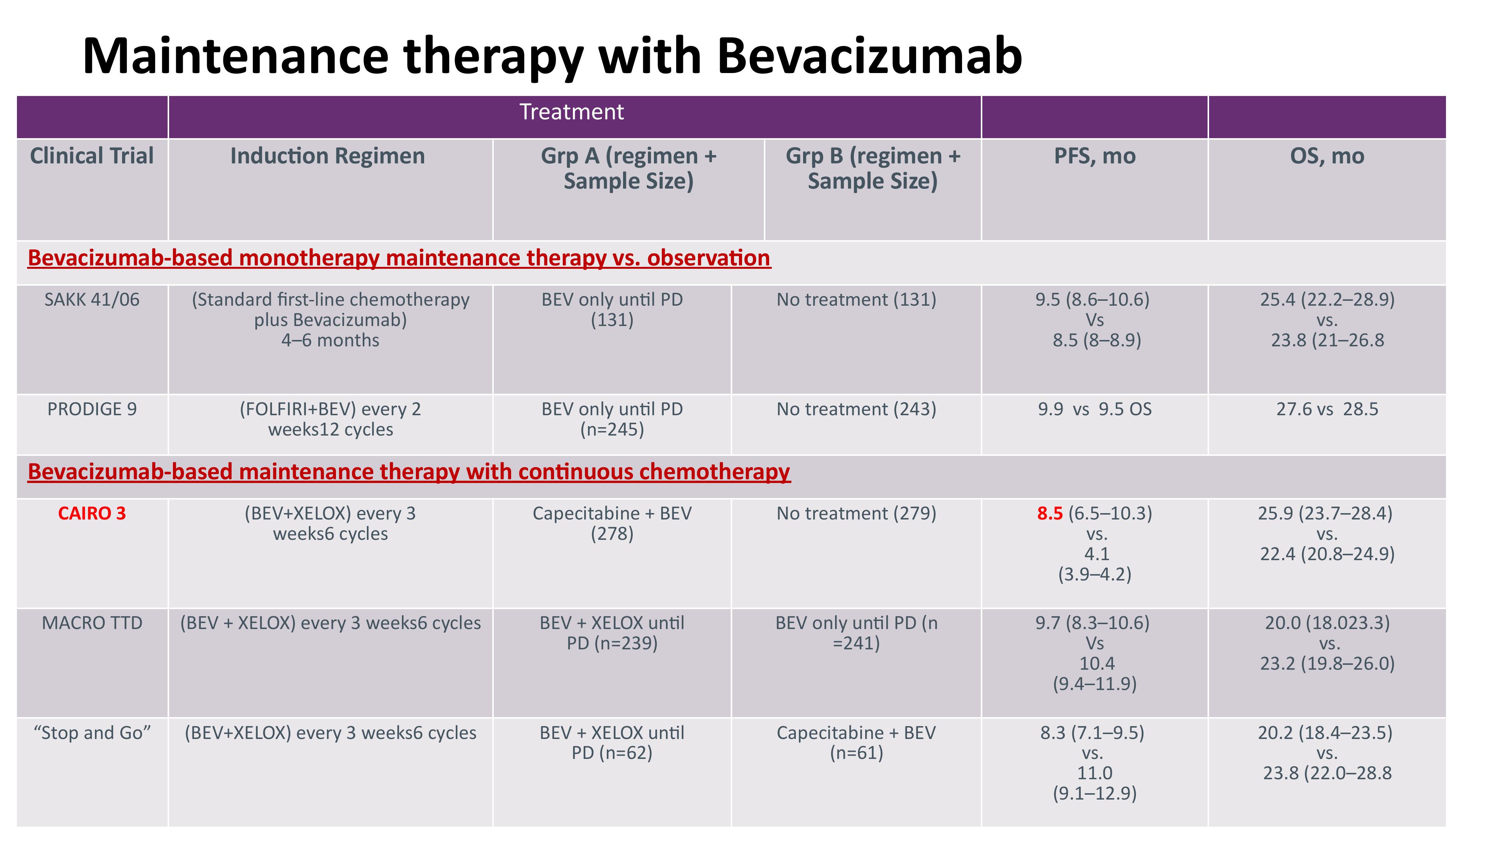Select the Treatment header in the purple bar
click(571, 112)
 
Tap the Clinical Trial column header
click(92, 156)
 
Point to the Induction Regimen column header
click(328, 157)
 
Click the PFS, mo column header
click(1095, 157)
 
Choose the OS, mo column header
click(1327, 157)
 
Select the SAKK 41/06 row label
click(92, 300)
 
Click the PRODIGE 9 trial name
click(92, 409)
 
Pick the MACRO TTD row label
click(92, 623)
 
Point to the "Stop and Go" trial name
click(92, 733)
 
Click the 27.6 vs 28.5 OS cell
click(1327, 409)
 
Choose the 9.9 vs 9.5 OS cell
click(1095, 409)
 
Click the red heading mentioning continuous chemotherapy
click(409, 472)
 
